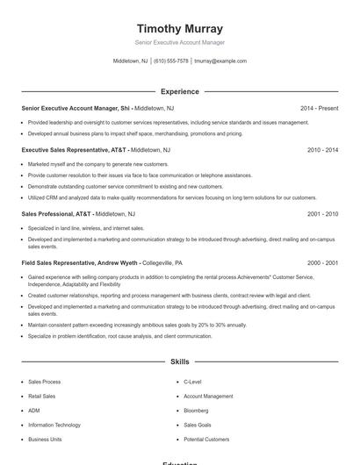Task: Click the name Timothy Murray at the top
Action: point(179,28)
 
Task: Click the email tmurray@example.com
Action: point(220,61)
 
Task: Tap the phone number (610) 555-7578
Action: point(170,61)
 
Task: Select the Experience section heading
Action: point(179,91)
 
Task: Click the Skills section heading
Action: point(179,361)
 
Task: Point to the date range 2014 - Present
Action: point(319,108)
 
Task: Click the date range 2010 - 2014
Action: point(322,150)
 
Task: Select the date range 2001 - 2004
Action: point(322,213)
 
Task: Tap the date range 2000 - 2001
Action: point(322,262)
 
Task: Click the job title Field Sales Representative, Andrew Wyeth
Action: point(78,262)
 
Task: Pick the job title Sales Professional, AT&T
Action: point(55,213)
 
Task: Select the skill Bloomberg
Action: point(197,411)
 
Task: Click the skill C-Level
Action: point(192,383)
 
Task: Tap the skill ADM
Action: point(34,411)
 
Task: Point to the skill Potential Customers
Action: point(205,439)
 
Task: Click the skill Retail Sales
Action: point(42,397)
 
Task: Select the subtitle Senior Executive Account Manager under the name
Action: point(179,42)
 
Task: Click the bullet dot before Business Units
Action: point(21,439)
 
